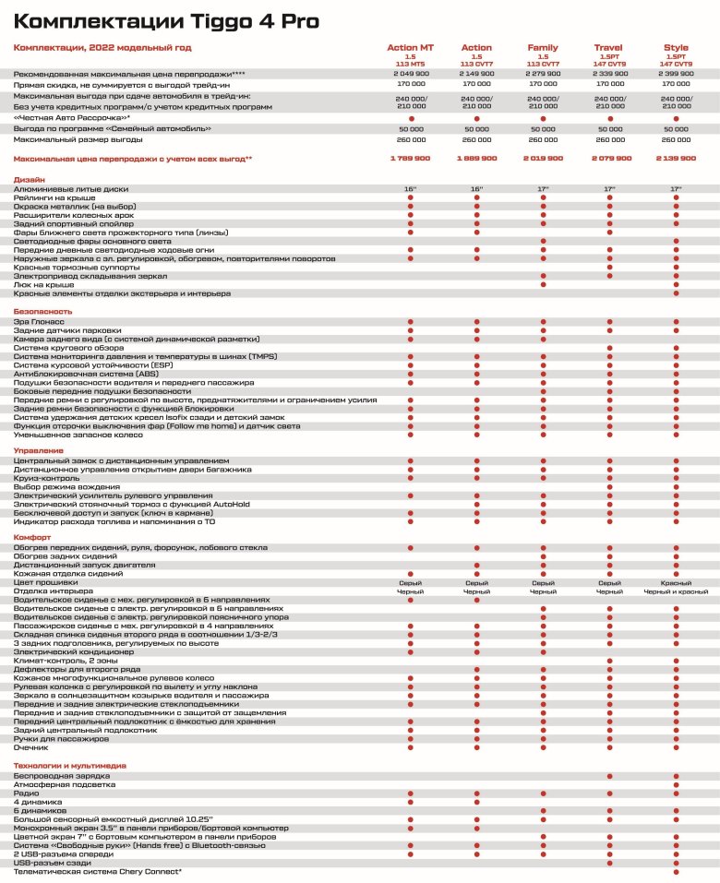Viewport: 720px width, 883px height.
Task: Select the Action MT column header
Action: click(410, 47)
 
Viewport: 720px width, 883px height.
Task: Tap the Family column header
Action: click(543, 47)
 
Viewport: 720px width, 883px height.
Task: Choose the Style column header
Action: click(676, 47)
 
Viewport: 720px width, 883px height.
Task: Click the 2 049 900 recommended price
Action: click(410, 72)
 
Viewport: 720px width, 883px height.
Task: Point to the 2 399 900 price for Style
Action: click(676, 72)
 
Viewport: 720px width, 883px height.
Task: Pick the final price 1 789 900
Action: click(410, 159)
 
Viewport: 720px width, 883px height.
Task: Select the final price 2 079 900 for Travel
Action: click(609, 159)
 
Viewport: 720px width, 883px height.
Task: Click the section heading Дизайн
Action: click(29, 180)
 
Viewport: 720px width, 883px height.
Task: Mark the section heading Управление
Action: click(38, 451)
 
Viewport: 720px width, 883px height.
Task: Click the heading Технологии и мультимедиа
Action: click(68, 766)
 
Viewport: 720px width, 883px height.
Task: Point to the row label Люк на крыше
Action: click(42, 285)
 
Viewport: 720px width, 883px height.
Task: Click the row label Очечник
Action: click(31, 747)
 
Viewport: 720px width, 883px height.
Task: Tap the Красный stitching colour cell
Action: click(676, 582)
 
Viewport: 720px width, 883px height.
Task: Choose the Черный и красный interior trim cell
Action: click(676, 591)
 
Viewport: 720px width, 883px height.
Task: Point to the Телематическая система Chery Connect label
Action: click(97, 871)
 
